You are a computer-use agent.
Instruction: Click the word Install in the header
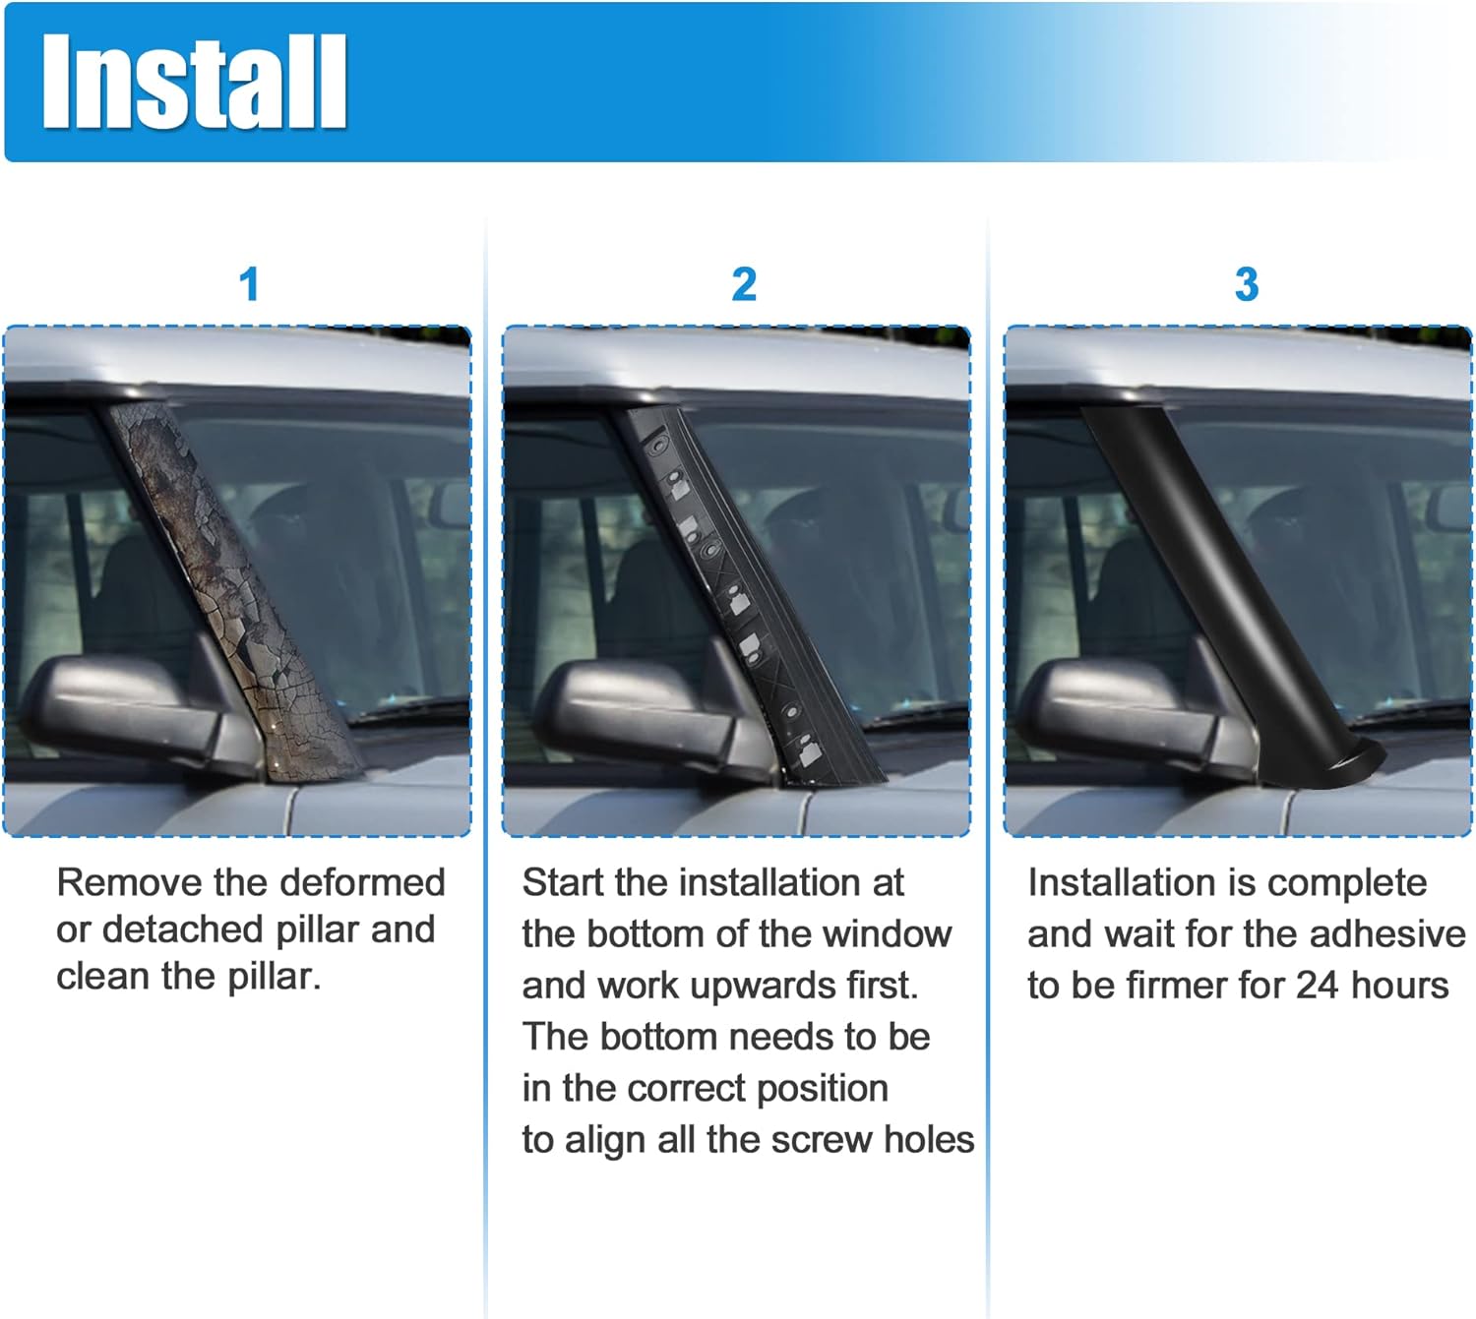[x=194, y=81]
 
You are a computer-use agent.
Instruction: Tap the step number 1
[x=249, y=285]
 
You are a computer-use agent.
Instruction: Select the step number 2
[x=744, y=285]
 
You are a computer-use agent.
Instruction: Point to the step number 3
[x=1246, y=285]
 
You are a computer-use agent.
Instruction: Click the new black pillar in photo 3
[x=1210, y=580]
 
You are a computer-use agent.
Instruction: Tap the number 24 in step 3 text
[x=1317, y=986]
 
